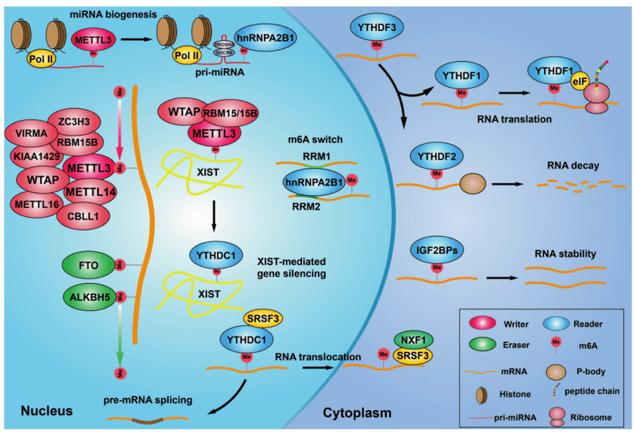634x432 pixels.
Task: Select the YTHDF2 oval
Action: tap(437, 158)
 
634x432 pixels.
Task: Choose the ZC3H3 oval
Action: tap(73, 119)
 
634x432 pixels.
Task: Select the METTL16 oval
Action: tap(37, 203)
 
